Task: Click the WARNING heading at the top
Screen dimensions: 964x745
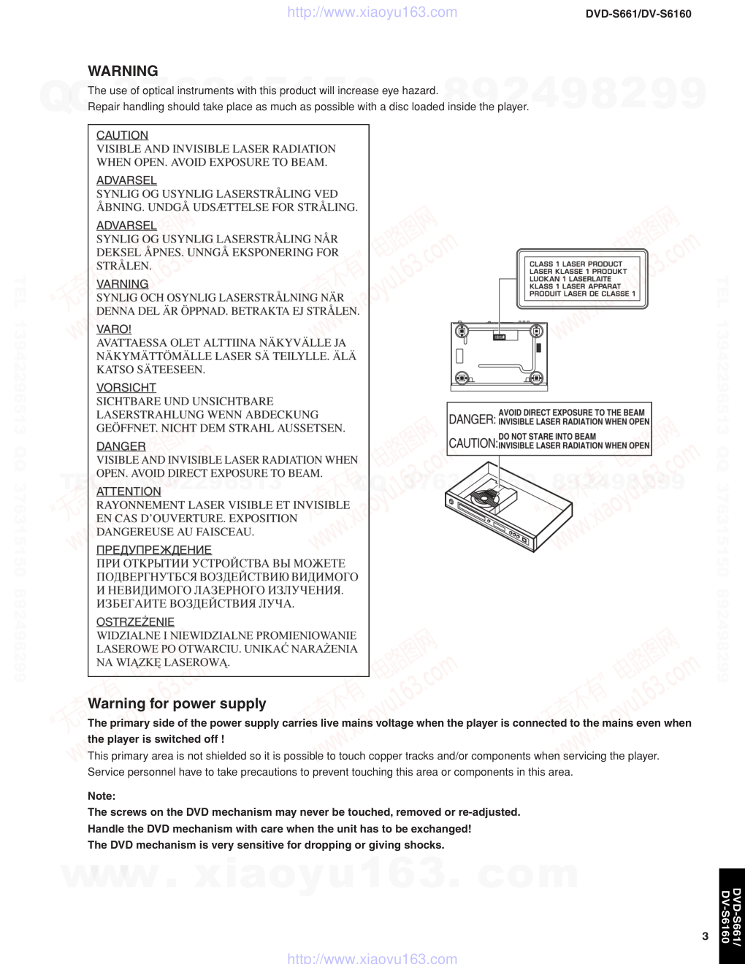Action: click(123, 71)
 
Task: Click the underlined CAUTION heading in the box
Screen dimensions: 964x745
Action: click(122, 135)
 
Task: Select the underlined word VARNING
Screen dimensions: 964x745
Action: click(122, 284)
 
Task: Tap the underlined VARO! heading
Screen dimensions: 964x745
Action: click(114, 329)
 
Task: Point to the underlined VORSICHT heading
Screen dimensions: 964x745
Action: click(126, 388)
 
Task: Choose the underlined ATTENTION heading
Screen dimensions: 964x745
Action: click(129, 491)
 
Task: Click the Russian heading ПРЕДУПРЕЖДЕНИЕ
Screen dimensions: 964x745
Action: click(154, 550)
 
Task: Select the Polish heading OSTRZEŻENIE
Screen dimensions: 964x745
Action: click(135, 622)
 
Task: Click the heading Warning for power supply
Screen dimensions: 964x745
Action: click(177, 703)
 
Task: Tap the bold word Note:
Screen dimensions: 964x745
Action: click(102, 796)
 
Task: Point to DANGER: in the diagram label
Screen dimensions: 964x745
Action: click(472, 419)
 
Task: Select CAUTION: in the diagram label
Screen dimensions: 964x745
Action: click(473, 443)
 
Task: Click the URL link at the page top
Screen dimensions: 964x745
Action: click(372, 12)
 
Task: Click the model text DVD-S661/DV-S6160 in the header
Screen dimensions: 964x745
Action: click(638, 14)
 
